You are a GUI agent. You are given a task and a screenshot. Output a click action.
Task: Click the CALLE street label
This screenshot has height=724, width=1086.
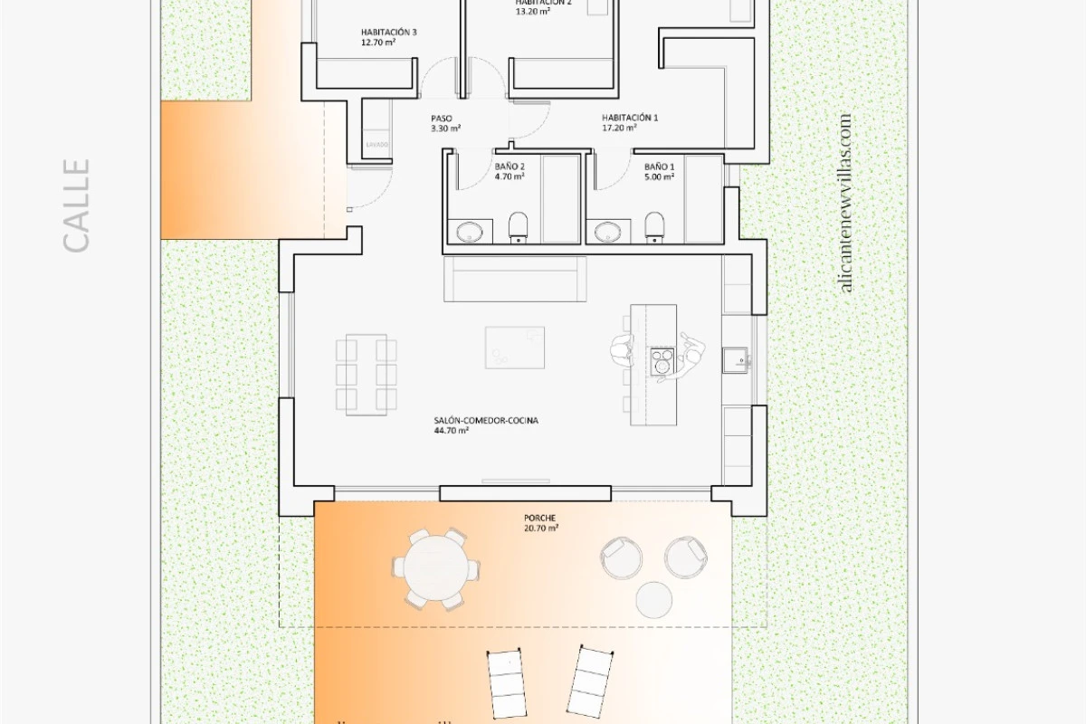[x=77, y=205]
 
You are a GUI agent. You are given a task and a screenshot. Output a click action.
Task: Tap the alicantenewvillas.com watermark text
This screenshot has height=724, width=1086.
[x=845, y=203]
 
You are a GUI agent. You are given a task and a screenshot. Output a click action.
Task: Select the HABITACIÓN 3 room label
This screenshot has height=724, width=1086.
[x=388, y=37]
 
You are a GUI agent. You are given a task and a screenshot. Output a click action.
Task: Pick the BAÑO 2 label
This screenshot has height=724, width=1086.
[x=510, y=172]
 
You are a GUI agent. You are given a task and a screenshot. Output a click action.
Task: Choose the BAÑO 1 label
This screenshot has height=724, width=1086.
[x=660, y=172]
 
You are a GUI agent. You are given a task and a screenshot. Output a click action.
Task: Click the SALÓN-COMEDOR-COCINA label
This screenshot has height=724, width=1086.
[x=486, y=425]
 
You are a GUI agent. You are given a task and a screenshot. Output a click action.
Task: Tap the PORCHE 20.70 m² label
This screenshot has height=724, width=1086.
[x=540, y=522]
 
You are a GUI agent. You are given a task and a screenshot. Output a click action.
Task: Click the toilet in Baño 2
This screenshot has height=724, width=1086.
[x=519, y=226]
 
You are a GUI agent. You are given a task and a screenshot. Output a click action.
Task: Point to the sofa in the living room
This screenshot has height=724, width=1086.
[x=514, y=279]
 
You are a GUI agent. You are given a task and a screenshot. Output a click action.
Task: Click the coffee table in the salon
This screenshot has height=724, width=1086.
[x=515, y=348]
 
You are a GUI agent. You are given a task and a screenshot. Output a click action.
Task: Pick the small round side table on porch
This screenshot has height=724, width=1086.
[x=654, y=599]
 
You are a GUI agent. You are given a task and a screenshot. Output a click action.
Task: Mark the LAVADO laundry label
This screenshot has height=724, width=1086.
[x=377, y=145]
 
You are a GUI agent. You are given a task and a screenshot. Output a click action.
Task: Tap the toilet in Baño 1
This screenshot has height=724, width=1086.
[x=654, y=226]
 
